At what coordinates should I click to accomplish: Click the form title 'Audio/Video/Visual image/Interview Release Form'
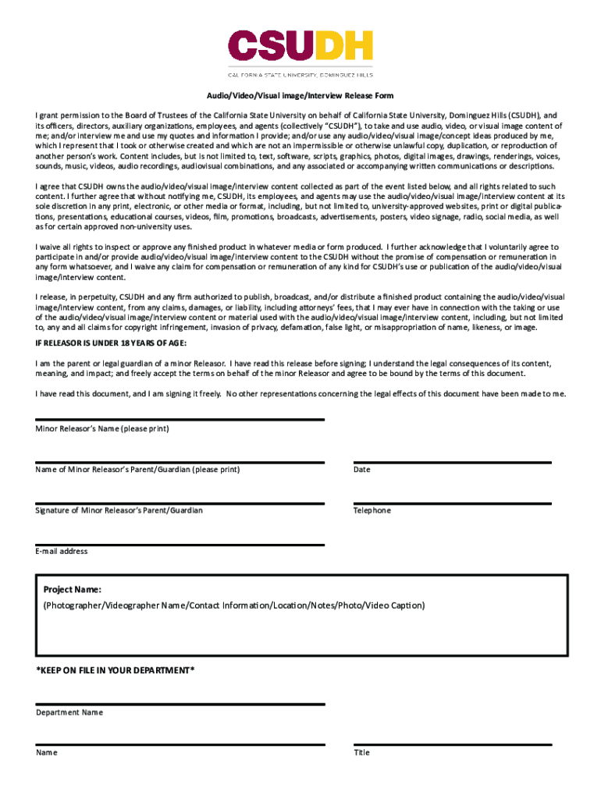(300, 95)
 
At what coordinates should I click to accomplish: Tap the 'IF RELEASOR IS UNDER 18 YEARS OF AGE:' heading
(111, 343)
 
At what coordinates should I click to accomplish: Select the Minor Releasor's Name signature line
(180, 420)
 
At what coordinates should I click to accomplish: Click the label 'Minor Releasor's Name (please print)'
(102, 429)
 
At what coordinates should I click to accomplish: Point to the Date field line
(453, 462)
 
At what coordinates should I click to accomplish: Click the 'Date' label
(361, 470)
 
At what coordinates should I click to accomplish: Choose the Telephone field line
(453, 503)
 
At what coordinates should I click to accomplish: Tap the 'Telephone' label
(372, 510)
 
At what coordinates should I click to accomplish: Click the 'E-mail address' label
(62, 552)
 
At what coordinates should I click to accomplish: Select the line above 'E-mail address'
(180, 545)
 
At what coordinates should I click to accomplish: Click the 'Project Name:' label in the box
(72, 590)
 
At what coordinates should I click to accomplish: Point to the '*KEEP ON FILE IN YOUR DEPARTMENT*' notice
(116, 670)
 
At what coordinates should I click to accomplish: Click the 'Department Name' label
(69, 712)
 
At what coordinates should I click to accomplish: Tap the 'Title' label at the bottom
(361, 753)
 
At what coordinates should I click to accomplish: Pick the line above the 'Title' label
(453, 745)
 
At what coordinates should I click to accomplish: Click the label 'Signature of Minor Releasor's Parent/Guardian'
(119, 510)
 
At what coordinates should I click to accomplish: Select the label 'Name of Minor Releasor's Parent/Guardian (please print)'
(137, 470)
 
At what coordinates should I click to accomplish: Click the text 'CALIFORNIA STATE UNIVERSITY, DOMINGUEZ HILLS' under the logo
(300, 75)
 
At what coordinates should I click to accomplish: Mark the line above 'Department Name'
(180, 705)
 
